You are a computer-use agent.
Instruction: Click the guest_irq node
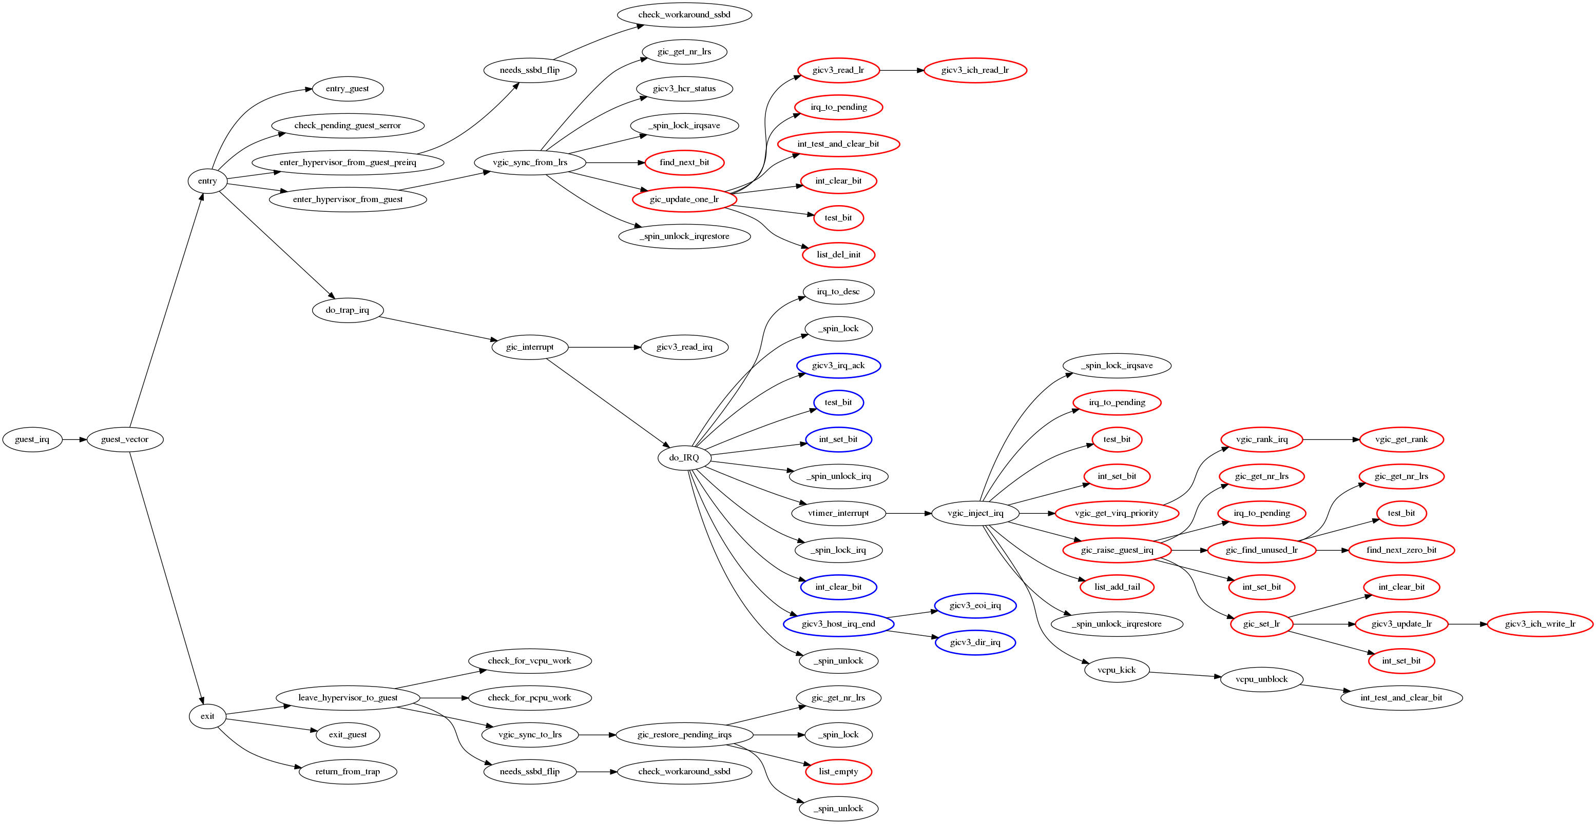pyautogui.click(x=32, y=439)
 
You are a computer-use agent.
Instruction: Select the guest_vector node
pyautogui.click(x=125, y=439)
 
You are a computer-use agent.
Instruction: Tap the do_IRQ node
pyautogui.click(x=684, y=458)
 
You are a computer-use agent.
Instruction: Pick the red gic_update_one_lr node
pyautogui.click(x=684, y=199)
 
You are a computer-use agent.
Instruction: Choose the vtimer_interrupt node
pyautogui.click(x=838, y=513)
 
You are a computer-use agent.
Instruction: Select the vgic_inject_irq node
pyautogui.click(x=975, y=513)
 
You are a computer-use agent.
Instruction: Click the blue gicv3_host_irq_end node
pyautogui.click(x=838, y=624)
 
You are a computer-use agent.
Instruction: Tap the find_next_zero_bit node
pyautogui.click(x=1401, y=550)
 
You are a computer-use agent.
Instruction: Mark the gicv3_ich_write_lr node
pyautogui.click(x=1540, y=624)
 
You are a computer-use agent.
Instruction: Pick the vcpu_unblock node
pyautogui.click(x=1261, y=679)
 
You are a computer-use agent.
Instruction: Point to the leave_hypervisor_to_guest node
pyautogui.click(x=348, y=698)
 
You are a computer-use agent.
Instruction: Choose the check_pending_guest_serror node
pyautogui.click(x=348, y=126)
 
